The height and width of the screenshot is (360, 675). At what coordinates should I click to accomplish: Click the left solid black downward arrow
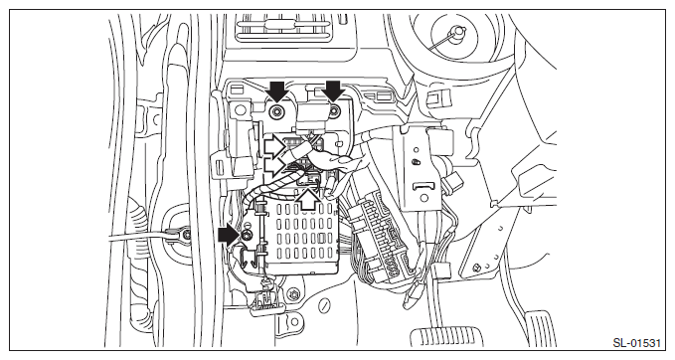[x=277, y=91]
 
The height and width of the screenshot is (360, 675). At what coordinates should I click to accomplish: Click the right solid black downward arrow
[x=334, y=91]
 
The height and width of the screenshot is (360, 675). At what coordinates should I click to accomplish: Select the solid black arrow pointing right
[x=229, y=236]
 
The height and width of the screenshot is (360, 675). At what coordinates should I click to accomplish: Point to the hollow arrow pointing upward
[x=309, y=201]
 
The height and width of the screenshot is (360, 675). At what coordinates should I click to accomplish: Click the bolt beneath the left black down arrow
[x=275, y=112]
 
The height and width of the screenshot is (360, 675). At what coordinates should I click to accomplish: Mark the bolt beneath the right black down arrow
[x=334, y=112]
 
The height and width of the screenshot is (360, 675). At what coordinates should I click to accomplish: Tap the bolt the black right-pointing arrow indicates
[x=247, y=235]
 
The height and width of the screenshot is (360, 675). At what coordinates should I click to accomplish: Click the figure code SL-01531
[x=636, y=343]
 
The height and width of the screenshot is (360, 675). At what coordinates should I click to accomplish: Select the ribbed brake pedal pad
[x=446, y=337]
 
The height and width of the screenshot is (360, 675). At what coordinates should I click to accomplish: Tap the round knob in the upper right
[x=457, y=31]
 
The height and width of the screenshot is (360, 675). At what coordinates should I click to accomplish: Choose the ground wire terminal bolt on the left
[x=187, y=236]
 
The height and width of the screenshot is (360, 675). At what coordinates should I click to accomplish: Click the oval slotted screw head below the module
[x=324, y=305]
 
